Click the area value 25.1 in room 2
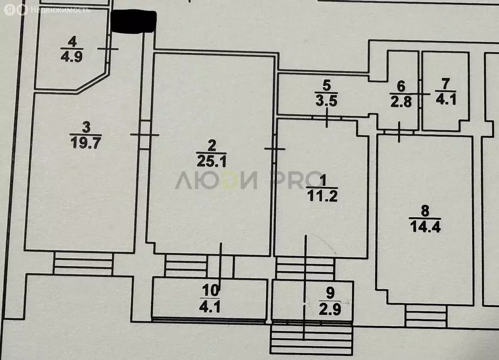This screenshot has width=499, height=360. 211,161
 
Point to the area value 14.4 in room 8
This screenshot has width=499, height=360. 425,227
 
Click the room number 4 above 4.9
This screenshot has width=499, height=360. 72,42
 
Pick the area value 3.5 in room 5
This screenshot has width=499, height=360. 326,100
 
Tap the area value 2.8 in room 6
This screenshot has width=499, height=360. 401,102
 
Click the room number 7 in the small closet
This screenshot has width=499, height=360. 445,84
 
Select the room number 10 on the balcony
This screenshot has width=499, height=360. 211,290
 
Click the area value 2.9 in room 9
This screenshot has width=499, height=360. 330,309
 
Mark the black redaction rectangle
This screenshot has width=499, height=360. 134,21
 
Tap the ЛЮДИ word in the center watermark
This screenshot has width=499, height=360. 216,180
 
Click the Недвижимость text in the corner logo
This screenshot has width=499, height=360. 60,10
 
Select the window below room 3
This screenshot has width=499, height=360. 83,264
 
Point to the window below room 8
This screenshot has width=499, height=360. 426,316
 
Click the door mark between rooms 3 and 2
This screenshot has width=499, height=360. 144,135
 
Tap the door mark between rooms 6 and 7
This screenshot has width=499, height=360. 420,94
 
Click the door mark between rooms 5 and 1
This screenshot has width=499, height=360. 327,118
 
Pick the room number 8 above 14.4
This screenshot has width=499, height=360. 425,210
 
